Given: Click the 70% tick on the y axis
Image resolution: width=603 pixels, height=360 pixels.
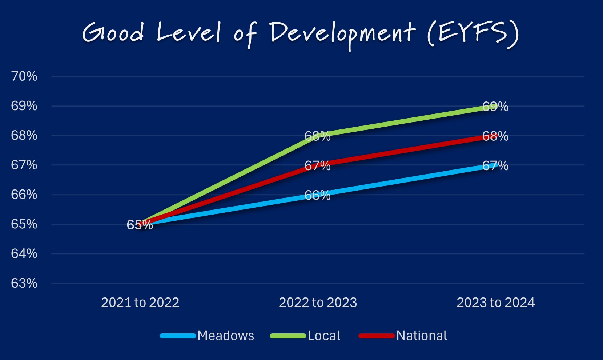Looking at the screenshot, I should (24, 76).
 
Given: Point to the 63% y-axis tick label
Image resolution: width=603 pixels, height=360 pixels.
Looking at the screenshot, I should (24, 283).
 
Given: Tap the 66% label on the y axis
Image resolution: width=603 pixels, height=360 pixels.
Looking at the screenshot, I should (24, 195).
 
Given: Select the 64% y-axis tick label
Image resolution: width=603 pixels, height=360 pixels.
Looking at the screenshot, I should (24, 253).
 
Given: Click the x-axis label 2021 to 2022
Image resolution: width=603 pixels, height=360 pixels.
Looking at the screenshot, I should (140, 303).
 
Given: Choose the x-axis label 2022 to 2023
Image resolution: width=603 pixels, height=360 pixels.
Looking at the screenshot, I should (318, 303).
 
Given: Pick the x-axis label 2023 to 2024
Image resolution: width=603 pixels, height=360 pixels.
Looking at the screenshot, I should (495, 303).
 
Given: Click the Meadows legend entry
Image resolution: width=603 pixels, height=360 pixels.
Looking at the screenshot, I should (225, 336).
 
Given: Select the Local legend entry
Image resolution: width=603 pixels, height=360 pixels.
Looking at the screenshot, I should (323, 336).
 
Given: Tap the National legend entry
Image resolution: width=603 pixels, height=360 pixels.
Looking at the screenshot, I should (421, 336).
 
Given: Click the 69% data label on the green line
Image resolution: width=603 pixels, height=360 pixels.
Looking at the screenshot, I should (495, 107).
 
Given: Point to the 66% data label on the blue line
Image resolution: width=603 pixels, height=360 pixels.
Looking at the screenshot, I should (317, 195).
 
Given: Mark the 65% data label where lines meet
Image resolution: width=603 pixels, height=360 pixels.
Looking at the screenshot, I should (140, 225).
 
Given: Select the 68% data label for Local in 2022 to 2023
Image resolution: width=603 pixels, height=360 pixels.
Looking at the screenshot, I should (317, 136).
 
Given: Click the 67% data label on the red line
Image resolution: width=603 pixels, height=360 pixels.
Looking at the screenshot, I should (317, 166).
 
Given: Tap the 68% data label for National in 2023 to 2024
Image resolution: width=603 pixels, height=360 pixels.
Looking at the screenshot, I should (495, 136).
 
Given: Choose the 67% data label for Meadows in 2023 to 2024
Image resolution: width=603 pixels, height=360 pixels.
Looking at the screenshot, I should (495, 166).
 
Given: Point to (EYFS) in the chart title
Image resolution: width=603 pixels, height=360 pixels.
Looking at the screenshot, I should (473, 33).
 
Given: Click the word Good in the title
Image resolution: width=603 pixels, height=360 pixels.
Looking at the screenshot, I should (113, 33).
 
